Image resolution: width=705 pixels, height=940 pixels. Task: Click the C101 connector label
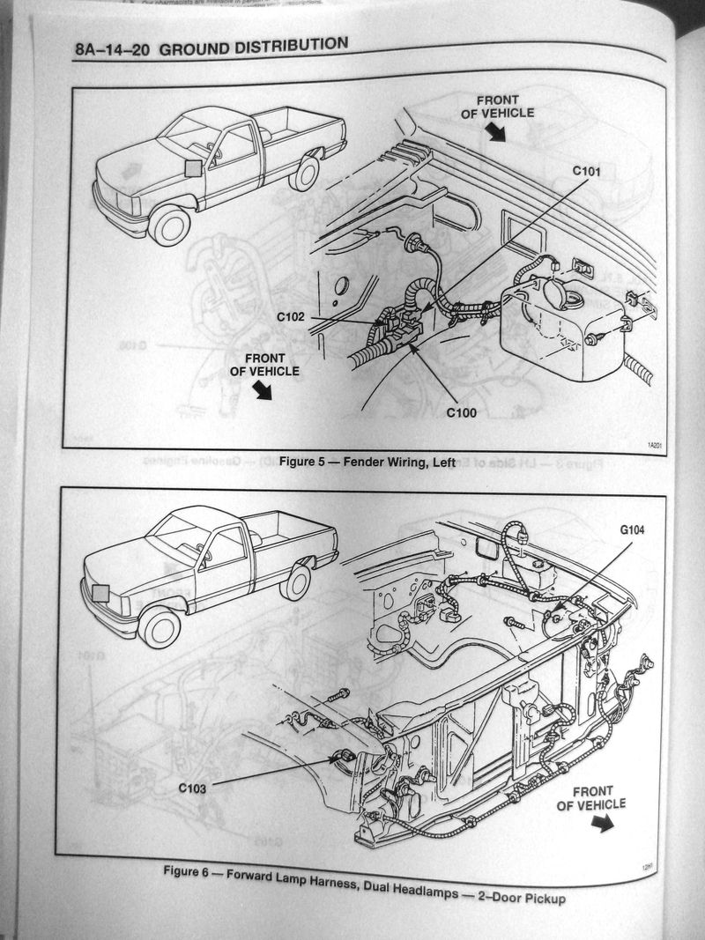point(586,171)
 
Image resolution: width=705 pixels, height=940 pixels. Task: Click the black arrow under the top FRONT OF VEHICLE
point(496,131)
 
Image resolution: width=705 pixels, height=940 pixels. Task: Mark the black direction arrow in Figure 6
point(603,823)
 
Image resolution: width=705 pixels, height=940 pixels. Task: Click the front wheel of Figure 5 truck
point(169,224)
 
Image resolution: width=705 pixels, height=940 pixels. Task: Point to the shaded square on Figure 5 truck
point(195,171)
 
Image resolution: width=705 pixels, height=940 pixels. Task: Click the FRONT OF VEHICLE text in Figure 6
point(590,796)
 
